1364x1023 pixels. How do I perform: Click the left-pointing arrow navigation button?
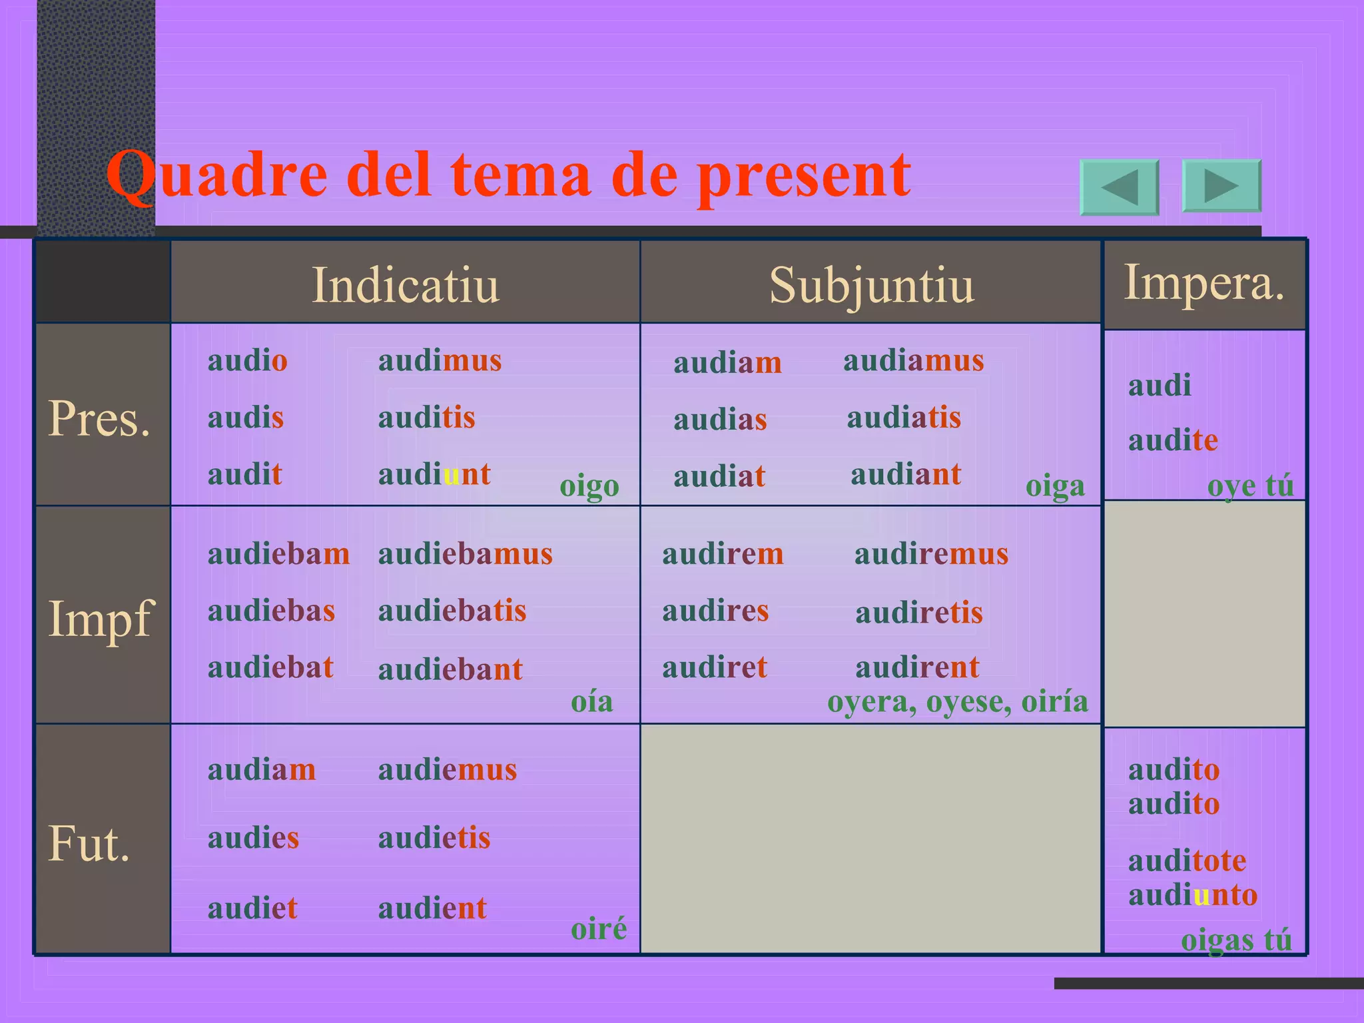pos(1119,187)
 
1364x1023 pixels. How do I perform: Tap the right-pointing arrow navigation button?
pos(1221,186)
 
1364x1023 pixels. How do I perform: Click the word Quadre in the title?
pos(217,174)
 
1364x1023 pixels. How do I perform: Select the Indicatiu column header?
pos(405,285)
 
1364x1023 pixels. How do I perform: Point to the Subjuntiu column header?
pos(870,285)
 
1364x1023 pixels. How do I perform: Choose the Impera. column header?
pos(1204,282)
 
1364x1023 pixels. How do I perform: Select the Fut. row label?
pos(89,843)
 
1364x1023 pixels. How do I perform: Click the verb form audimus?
pos(440,360)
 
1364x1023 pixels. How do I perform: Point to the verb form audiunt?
pos(434,474)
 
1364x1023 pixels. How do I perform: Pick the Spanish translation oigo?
pos(589,486)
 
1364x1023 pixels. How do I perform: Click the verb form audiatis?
pos(904,418)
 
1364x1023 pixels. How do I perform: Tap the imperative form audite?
pos(1173,440)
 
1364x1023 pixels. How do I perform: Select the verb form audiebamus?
pos(465,553)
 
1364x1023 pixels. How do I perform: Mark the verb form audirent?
pos(917,667)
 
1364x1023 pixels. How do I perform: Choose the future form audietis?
pos(434,838)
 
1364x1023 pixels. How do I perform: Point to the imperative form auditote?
pos(1187,860)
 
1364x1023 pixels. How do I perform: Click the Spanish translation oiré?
pos(599,928)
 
